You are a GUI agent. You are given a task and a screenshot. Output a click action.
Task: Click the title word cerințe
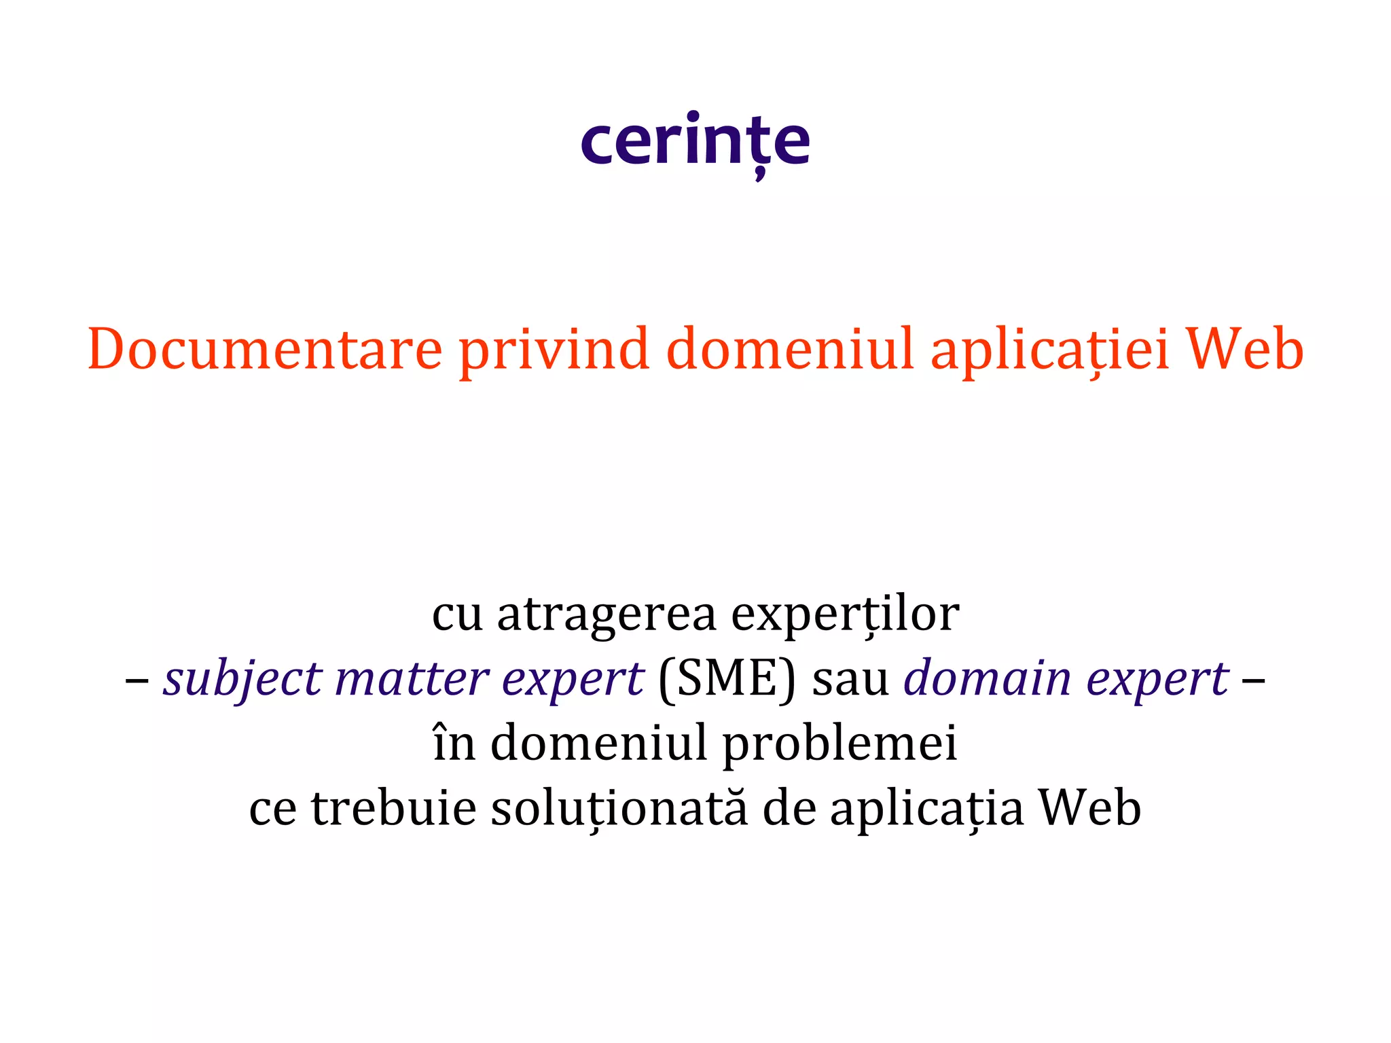click(695, 141)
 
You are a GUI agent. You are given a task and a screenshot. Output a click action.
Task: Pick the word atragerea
click(607, 614)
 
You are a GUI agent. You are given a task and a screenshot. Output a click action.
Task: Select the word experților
click(845, 614)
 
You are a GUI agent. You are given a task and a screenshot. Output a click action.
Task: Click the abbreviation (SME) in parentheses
click(727, 679)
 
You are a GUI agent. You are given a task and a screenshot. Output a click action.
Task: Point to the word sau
click(850, 679)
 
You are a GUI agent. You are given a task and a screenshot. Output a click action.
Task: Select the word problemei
click(839, 744)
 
